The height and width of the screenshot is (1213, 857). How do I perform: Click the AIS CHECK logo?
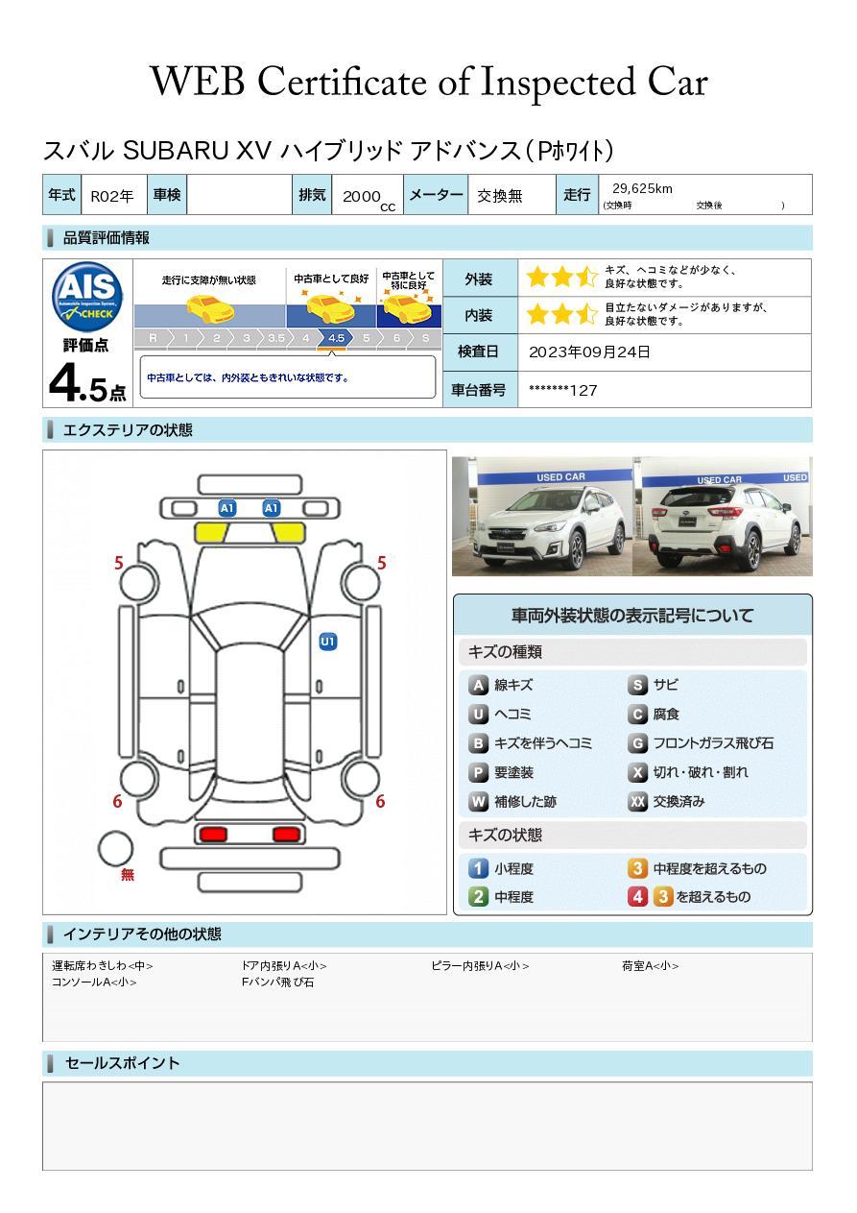click(87, 296)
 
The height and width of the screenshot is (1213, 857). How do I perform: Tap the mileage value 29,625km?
click(642, 189)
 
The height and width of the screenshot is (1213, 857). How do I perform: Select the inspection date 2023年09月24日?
click(589, 352)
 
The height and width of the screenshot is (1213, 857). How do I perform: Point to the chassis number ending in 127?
click(562, 390)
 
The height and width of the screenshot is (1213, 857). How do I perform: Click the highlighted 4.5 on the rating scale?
click(336, 338)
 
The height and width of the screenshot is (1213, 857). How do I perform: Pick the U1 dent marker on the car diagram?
click(328, 642)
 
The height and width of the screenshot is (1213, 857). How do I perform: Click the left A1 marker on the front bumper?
click(227, 508)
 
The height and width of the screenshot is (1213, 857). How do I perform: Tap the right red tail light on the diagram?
click(286, 834)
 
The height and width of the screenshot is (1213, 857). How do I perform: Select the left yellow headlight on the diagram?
click(211, 532)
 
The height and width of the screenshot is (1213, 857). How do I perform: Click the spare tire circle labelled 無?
click(115, 849)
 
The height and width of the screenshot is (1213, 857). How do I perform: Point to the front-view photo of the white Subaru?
click(542, 516)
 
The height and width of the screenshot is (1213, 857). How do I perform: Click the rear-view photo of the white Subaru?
click(723, 516)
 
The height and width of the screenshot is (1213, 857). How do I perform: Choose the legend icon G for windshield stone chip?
click(637, 743)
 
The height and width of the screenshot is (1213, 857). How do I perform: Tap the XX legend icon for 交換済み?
click(637, 801)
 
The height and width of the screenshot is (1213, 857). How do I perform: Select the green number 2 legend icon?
click(478, 897)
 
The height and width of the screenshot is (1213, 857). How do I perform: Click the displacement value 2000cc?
click(369, 199)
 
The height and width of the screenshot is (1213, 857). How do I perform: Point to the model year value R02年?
click(112, 196)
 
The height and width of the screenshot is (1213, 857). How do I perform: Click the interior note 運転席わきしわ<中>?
click(103, 965)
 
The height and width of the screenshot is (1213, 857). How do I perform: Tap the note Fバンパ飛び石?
click(277, 982)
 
